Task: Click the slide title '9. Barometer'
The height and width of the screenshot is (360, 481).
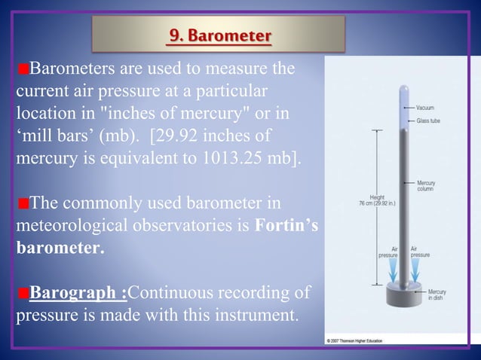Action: click(x=219, y=35)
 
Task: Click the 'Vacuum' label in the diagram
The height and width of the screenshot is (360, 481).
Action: click(x=426, y=108)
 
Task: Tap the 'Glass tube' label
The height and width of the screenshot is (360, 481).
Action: click(x=429, y=121)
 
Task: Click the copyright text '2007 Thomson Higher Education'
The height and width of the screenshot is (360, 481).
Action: click(x=355, y=340)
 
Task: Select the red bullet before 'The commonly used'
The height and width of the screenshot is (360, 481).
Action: click(x=22, y=204)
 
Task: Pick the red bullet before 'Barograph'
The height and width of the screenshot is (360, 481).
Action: click(x=22, y=292)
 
